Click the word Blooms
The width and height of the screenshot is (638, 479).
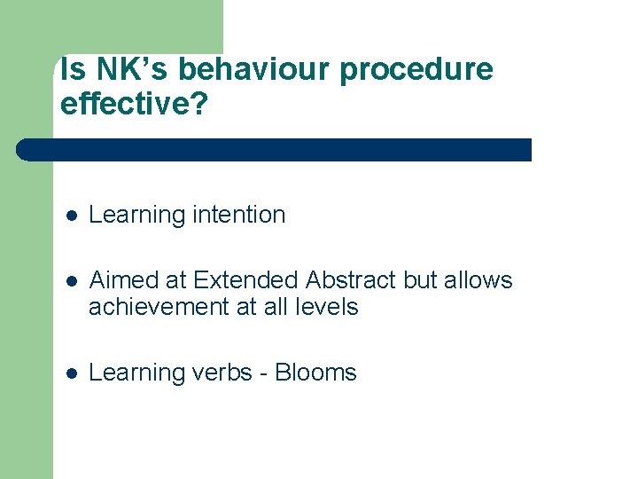(x=315, y=373)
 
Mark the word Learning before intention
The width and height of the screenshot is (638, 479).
(x=134, y=216)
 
